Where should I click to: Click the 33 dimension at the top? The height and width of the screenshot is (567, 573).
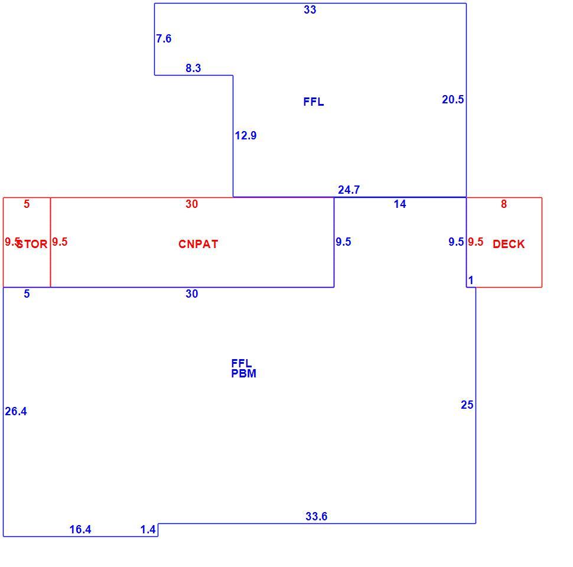[310, 10]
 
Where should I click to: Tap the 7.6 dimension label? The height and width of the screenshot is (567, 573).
[164, 39]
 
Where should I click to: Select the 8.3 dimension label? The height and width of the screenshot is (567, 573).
[193, 69]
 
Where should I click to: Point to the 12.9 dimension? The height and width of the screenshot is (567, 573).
[246, 136]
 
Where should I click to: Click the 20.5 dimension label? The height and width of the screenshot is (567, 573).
[452, 100]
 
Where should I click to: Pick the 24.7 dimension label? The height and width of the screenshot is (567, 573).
[349, 190]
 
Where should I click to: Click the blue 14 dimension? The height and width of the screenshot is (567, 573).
[400, 204]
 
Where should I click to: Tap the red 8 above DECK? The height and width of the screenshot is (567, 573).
[504, 204]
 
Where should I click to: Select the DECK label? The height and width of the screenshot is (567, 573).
[509, 245]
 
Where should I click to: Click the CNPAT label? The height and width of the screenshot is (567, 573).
[198, 245]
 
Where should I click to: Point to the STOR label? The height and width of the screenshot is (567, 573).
[32, 245]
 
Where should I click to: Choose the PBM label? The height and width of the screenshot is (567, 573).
[244, 374]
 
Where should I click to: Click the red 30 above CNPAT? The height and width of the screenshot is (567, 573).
[192, 204]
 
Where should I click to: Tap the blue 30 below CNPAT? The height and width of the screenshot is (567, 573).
[192, 294]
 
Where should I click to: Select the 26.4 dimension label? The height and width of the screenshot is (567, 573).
[16, 412]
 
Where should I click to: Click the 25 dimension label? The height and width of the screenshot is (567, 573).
[467, 405]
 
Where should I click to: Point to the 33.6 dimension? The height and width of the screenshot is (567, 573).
[317, 517]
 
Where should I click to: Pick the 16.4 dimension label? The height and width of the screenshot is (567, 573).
[80, 530]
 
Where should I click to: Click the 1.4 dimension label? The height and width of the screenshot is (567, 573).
[148, 530]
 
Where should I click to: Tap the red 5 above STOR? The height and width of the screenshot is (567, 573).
[27, 204]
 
